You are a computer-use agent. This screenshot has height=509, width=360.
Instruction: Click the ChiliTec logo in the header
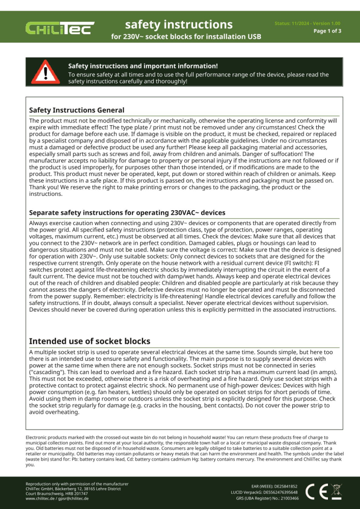click(60, 28)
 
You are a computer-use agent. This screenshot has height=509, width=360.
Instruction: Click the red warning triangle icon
click(45, 72)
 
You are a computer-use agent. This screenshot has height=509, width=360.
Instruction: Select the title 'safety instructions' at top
click(179, 24)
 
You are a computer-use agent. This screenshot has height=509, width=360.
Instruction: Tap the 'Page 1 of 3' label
click(327, 31)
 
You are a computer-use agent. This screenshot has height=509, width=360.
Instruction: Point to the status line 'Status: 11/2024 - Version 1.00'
click(308, 23)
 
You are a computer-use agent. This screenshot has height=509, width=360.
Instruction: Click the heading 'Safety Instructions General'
click(76, 110)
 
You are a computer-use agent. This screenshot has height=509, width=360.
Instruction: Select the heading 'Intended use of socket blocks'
click(90, 341)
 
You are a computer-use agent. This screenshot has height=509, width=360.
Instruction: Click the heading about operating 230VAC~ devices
click(127, 212)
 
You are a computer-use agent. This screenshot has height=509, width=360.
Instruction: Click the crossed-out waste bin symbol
click(336, 491)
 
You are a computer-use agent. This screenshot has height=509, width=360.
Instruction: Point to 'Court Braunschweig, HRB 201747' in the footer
click(57, 493)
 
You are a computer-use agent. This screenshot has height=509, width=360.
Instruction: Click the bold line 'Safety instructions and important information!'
click(143, 66)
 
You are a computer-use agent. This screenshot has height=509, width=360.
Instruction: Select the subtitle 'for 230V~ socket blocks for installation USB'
click(186, 37)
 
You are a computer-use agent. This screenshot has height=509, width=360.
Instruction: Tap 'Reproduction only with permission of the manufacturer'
click(77, 484)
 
